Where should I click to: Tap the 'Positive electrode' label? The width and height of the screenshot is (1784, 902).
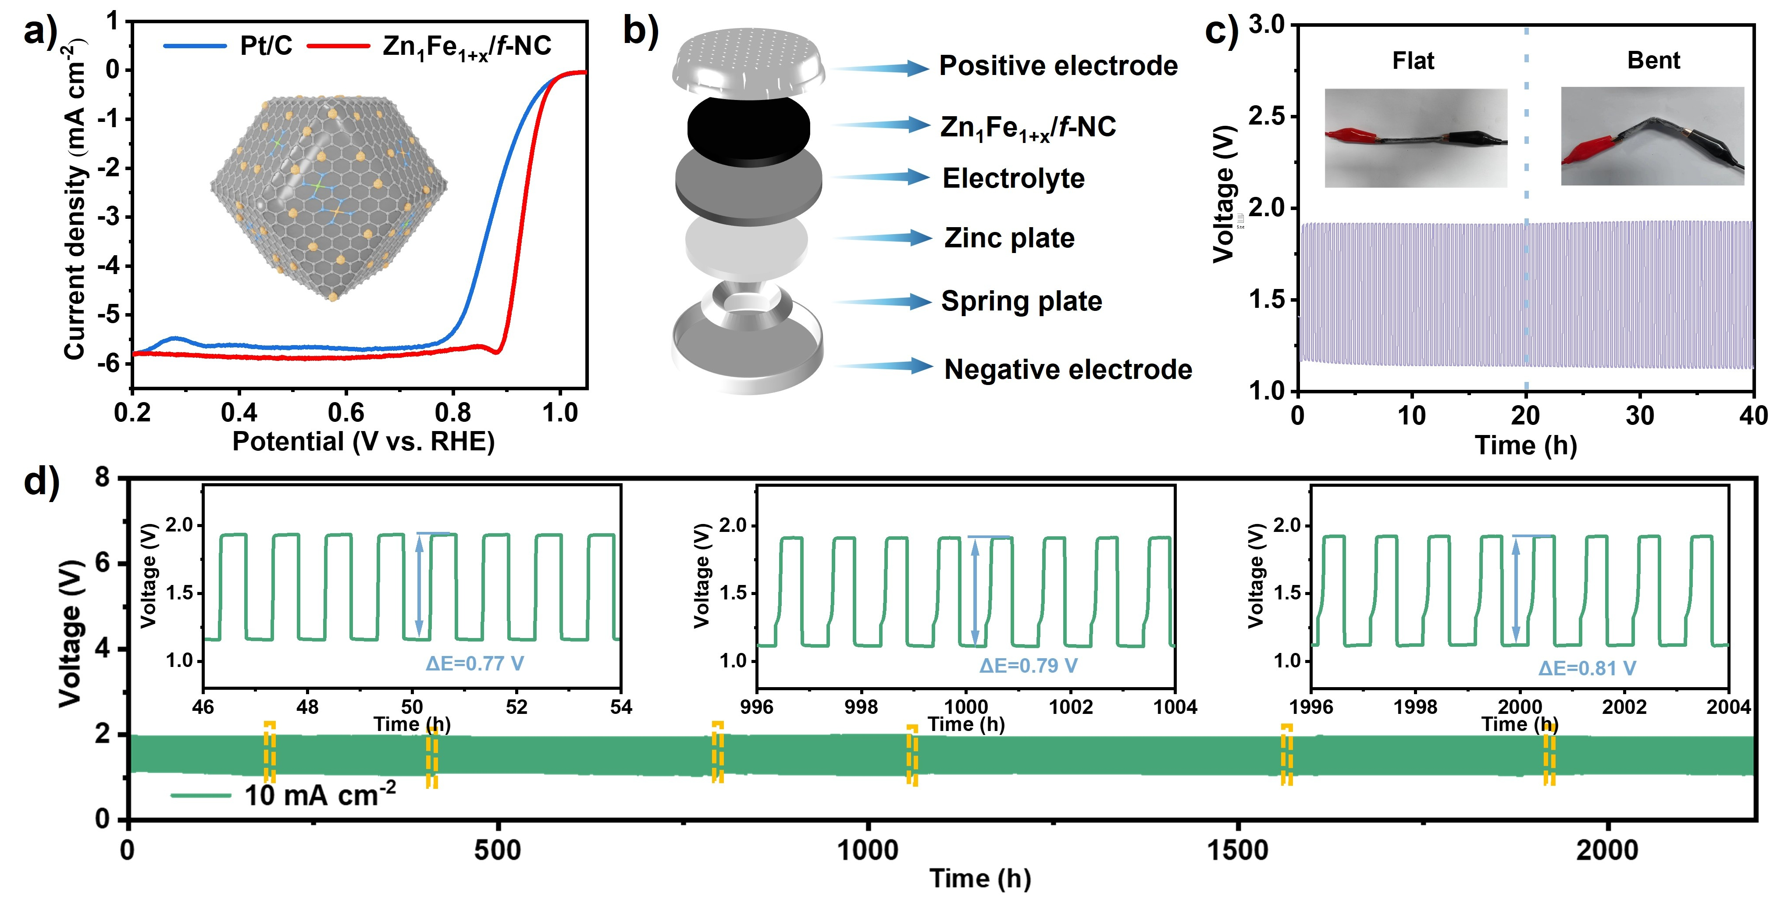click(x=1058, y=66)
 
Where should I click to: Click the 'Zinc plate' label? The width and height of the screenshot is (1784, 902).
click(x=1009, y=238)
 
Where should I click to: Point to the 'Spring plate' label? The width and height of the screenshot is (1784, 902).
click(x=1021, y=301)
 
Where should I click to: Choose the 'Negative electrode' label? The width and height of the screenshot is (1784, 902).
click(x=1068, y=369)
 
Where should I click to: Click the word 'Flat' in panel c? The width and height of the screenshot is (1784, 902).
click(x=1413, y=61)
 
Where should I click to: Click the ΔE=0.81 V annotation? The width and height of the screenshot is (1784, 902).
click(x=1587, y=669)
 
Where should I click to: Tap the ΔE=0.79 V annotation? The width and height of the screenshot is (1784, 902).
click(x=1028, y=666)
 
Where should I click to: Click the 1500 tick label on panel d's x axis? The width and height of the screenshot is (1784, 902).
click(x=1238, y=851)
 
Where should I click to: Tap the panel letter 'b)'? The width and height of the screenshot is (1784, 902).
click(x=640, y=31)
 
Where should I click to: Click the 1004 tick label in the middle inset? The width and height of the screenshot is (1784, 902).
click(x=1175, y=707)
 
